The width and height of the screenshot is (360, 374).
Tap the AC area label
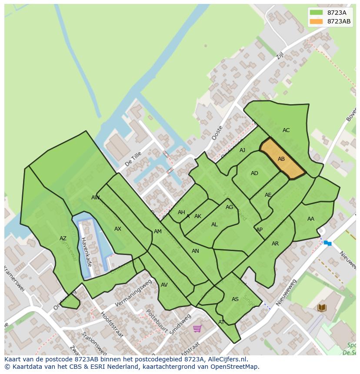tap(286, 130)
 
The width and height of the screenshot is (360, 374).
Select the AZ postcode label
tap(63, 238)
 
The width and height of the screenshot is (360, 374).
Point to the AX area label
tap(118, 229)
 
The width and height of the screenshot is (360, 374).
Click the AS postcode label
tap(235, 299)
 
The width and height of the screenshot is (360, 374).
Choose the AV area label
tap(164, 285)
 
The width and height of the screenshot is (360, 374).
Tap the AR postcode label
tap(275, 244)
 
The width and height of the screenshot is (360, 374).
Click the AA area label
tap(310, 219)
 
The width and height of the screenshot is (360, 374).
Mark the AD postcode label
tap(254, 173)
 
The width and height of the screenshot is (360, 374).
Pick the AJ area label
tap(242, 150)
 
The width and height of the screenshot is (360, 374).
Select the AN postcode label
tap(195, 251)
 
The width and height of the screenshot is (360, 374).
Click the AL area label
tap(214, 225)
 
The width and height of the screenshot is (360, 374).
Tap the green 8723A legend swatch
tap(316, 13)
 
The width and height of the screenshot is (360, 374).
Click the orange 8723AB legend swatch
tap(316, 21)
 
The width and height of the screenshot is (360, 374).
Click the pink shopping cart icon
tap(197, 328)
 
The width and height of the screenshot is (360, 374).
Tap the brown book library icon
tap(322, 308)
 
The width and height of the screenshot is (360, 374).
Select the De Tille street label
tap(133, 159)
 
